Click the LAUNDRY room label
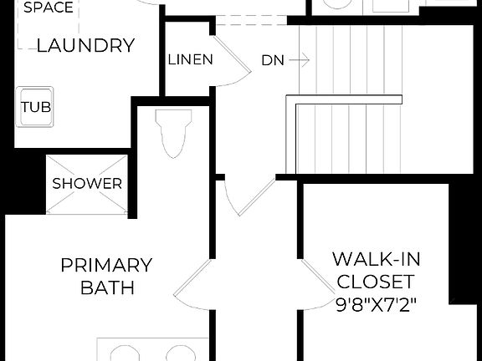point(85,45)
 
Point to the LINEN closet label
point(191,60)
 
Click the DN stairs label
point(273,60)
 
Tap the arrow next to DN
point(302,60)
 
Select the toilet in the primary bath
point(174,135)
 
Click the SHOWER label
point(88,183)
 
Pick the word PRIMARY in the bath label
point(106,266)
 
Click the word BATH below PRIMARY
point(107,288)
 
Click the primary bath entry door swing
point(191,284)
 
